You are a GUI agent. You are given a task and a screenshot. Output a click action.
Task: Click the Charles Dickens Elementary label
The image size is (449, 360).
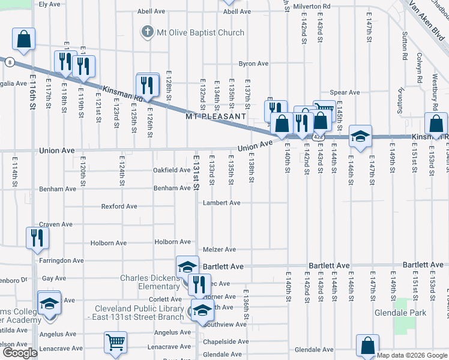pos(150,282)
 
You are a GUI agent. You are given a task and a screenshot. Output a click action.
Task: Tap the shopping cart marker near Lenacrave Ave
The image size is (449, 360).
pos(115,343)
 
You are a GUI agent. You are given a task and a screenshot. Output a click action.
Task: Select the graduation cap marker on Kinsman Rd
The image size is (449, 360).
pos(360,136)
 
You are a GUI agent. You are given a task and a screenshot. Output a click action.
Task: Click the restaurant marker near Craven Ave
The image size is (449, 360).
pos(37,238)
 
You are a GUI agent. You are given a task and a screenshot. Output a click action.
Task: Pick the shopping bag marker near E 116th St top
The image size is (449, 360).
pos(23,40)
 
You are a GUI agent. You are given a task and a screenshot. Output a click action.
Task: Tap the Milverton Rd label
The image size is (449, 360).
pos(314,6)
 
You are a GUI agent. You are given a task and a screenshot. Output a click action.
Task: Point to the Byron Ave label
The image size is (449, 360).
pos(253,64)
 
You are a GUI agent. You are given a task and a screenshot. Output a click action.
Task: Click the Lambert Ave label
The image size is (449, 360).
pos(221,203)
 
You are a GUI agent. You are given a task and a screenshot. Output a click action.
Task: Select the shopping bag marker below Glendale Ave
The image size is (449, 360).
pos(367,346)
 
